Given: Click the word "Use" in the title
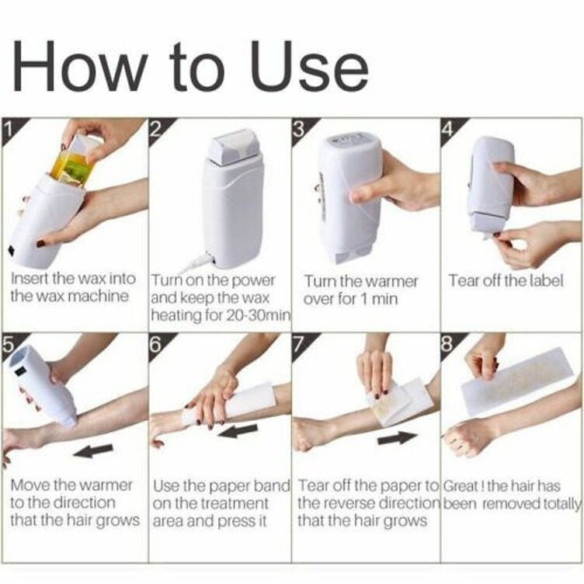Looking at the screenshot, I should click(x=300, y=67).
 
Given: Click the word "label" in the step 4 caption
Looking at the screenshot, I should click(x=546, y=280).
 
